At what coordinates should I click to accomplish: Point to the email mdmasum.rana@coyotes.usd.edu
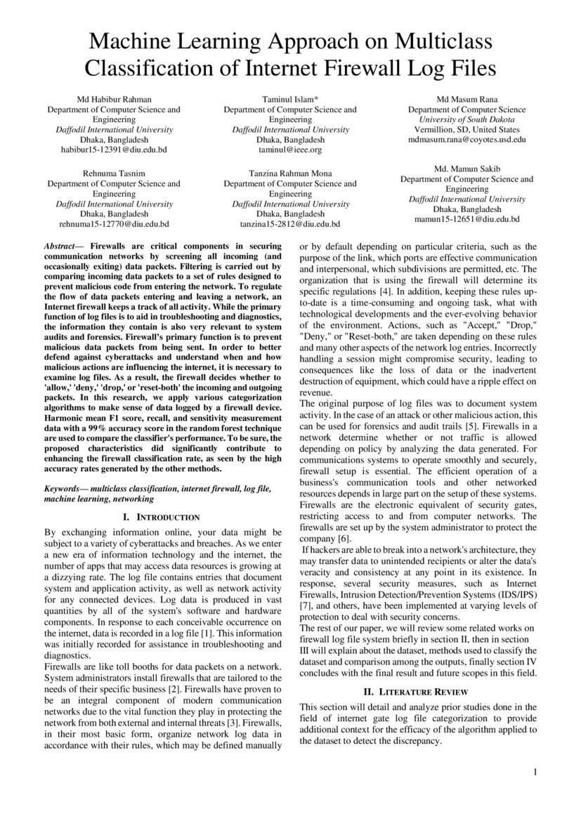[466, 140]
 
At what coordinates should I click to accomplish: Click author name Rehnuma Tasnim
[113, 173]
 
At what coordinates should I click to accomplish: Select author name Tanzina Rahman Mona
[289, 173]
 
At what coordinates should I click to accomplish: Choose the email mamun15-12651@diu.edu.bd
[466, 220]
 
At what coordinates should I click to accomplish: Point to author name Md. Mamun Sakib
[466, 169]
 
